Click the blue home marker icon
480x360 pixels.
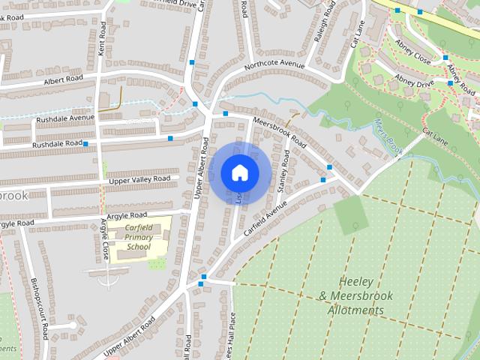pos(239,172)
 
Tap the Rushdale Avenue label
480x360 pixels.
pos(66,118)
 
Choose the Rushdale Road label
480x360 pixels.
pos(58,143)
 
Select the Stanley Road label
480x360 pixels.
pos(284,172)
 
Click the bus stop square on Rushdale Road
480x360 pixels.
pos(85,143)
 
